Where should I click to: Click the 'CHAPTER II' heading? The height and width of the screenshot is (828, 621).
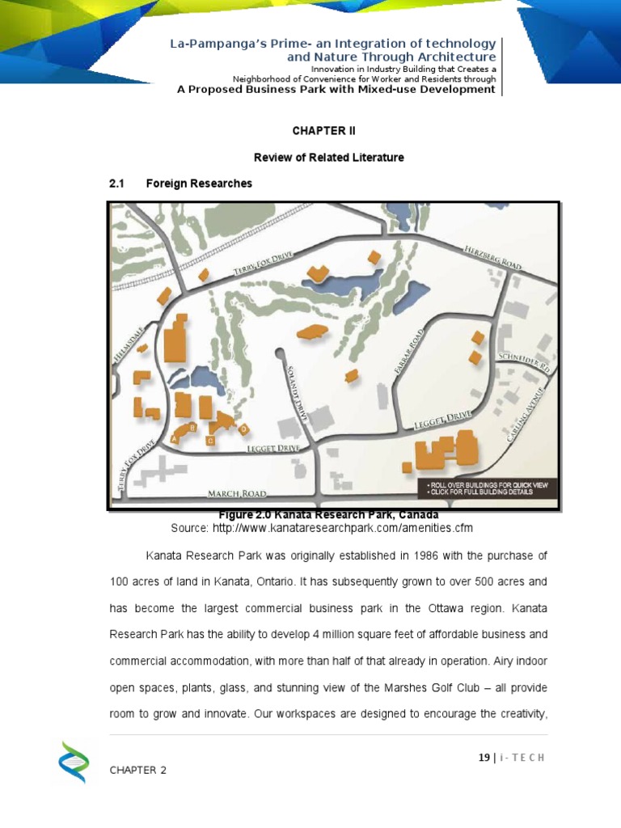[x=323, y=130]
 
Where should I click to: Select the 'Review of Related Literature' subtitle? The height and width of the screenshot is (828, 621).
[x=323, y=157]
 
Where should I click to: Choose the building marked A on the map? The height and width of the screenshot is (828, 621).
[x=175, y=437]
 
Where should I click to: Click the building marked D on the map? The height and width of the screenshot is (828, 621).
[x=243, y=427]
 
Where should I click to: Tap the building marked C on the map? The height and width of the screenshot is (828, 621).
[x=210, y=440]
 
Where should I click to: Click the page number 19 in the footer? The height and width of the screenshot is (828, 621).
[x=484, y=758]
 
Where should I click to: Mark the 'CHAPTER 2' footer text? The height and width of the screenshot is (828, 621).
[x=138, y=770]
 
